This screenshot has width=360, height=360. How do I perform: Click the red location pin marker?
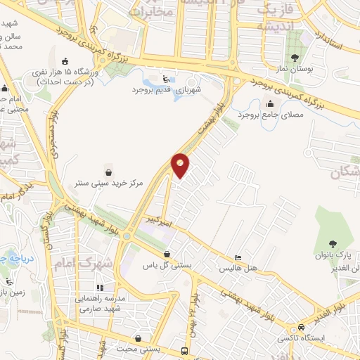(x=181, y=166)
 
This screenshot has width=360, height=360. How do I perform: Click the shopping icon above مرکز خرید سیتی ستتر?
(x=108, y=171)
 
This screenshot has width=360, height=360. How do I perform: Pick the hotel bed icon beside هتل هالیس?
(x=238, y=258)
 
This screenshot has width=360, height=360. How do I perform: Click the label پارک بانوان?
(x=335, y=254)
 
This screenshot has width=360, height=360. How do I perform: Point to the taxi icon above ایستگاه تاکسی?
(x=301, y=328)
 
